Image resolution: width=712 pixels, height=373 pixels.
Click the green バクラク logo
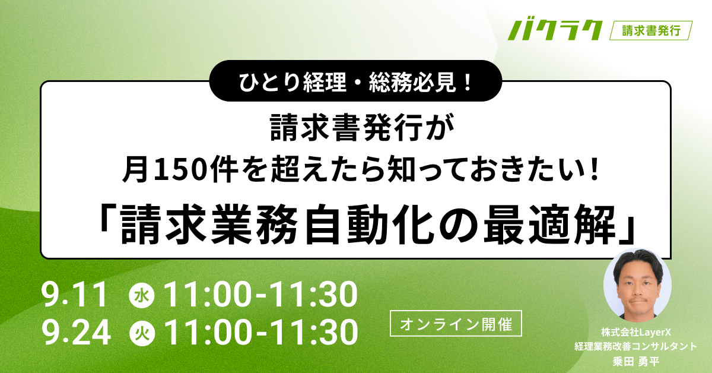pyautogui.click(x=554, y=30)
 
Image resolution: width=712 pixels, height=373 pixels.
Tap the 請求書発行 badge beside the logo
pyautogui.click(x=651, y=30)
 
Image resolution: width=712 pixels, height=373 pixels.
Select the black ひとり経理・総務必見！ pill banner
pyautogui.click(x=357, y=81)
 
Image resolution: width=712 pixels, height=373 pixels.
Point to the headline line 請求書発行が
pyautogui.click(x=357, y=128)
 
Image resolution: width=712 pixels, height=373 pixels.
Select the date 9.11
pyautogui.click(x=75, y=295)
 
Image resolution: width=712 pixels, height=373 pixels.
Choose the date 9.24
pyautogui.click(x=77, y=333)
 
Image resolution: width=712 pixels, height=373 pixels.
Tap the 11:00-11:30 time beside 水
pyautogui.click(x=260, y=295)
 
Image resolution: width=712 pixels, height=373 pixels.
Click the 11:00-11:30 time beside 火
pyautogui.click(x=260, y=333)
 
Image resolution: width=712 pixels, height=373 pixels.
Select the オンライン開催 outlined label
pyautogui.click(x=456, y=324)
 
